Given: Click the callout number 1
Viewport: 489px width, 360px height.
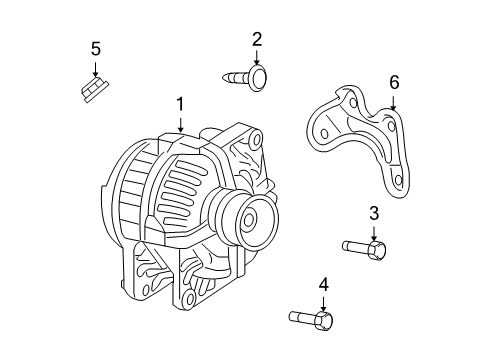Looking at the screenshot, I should pyautogui.click(x=180, y=103).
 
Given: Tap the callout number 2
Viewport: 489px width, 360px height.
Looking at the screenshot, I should pyautogui.click(x=257, y=39).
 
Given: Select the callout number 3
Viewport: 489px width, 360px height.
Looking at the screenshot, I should pyautogui.click(x=374, y=212).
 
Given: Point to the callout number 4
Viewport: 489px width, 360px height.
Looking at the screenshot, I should pyautogui.click(x=323, y=285).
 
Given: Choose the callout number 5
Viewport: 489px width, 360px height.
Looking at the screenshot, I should pyautogui.click(x=95, y=48).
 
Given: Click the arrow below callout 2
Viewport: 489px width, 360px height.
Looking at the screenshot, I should pyautogui.click(x=257, y=58).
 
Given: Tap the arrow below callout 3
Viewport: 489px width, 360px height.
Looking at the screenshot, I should pyautogui.click(x=374, y=230).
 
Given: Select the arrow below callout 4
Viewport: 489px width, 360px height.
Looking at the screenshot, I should pyautogui.click(x=323, y=303).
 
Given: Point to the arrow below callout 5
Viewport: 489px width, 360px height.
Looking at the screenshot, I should pyautogui.click(x=95, y=68).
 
